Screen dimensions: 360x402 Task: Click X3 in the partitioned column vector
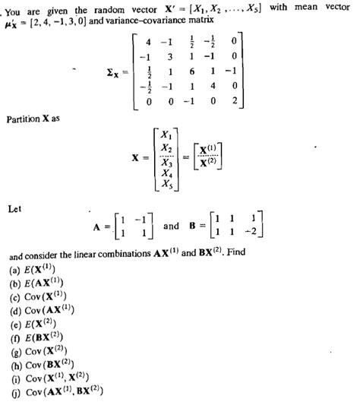point(167,162)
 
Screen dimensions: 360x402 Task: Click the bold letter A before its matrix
point(96,225)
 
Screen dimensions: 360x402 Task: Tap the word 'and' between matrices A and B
point(171,225)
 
